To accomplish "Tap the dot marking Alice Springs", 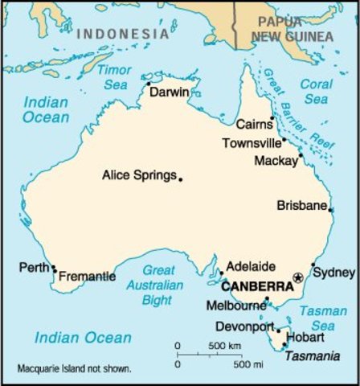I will pyautogui.click(x=181, y=179).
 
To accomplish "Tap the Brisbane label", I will pyautogui.click(x=301, y=205).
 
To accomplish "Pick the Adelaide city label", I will pyautogui.click(x=251, y=266).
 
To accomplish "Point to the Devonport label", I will pyautogui.click(x=244, y=326).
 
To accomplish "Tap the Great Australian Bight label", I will pyautogui.click(x=158, y=285).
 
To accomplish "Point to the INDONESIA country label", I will pyautogui.click(x=123, y=35).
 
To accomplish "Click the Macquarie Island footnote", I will pyautogui.click(x=74, y=370).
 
